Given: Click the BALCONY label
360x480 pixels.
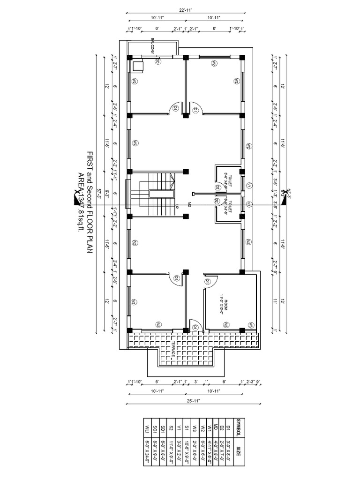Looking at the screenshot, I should tap(153, 47).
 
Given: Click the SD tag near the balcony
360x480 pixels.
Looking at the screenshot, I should tap(157, 61).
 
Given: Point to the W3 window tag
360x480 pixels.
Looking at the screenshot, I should tap(251, 325).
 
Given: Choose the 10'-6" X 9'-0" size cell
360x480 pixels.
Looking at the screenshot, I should tap(187, 451).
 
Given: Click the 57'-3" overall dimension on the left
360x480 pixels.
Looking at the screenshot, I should tap(99, 193).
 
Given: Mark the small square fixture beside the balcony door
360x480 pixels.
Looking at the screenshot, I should tap(138, 65).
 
